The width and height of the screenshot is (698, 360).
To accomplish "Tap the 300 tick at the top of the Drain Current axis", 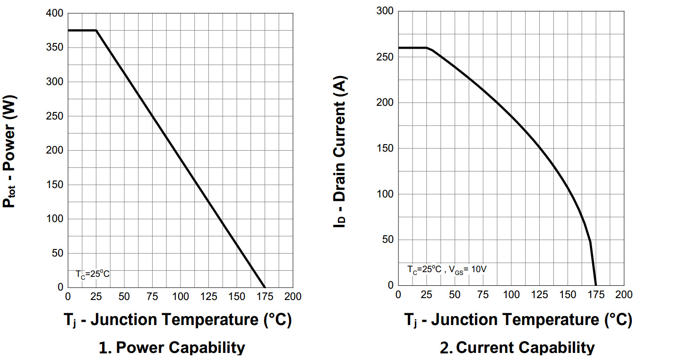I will (x=385, y=11).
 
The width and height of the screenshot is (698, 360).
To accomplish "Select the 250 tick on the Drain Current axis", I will (x=385, y=57).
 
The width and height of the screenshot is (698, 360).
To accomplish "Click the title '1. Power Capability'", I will (x=172, y=348).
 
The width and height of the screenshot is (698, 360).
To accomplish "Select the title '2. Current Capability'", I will (x=517, y=348).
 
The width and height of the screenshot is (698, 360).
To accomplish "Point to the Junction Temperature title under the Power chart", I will (x=178, y=320).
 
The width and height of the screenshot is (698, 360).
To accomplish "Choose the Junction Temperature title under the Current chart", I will (x=518, y=320).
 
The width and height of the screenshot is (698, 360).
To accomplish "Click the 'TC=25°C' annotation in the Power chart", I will (x=93, y=274).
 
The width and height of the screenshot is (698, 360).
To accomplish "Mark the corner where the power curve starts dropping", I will (x=96, y=30).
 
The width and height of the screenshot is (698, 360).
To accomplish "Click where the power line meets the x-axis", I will (x=265, y=287).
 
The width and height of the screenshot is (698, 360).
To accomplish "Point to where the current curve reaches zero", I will (x=596, y=285).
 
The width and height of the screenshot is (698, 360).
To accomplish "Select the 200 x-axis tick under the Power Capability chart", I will (x=293, y=297).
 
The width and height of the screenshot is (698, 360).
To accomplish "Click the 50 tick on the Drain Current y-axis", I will (x=388, y=240).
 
